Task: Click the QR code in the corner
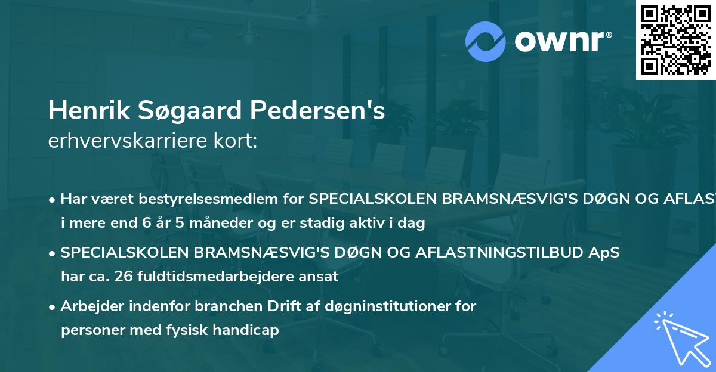tap(675, 39)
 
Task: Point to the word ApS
tap(604, 253)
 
